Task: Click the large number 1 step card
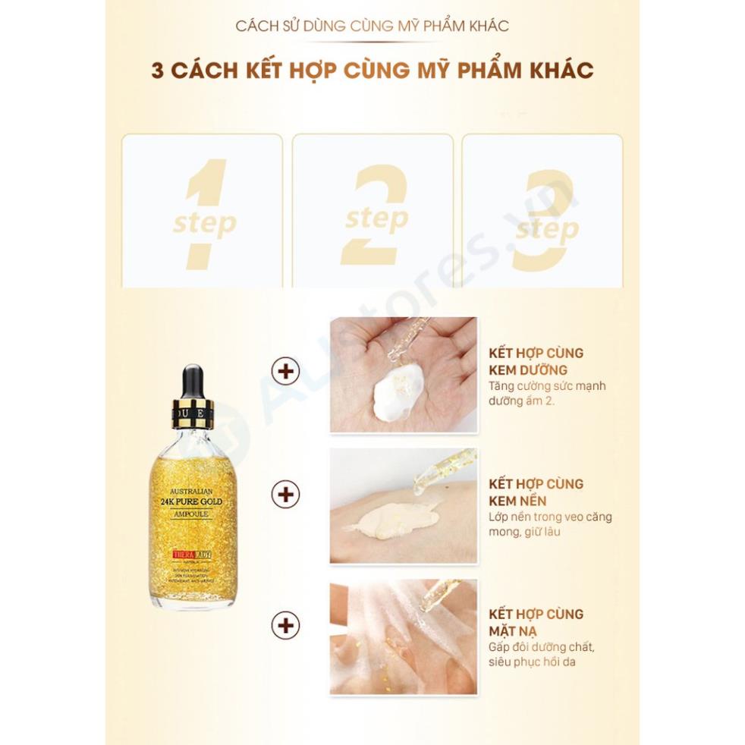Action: (203, 212)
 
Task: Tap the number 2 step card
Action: (372, 212)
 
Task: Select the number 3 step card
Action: (542, 212)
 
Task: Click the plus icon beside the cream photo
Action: (286, 372)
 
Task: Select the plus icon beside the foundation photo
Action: (286, 495)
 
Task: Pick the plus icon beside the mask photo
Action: (286, 625)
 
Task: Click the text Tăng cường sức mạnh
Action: (547, 386)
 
